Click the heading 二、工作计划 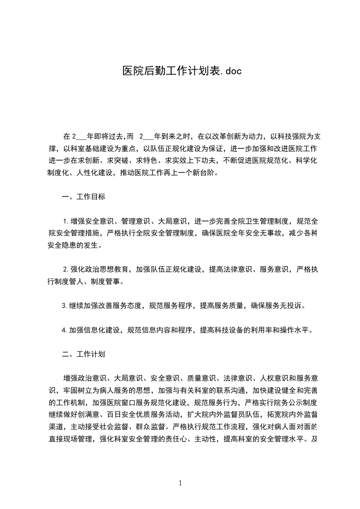point(84,354)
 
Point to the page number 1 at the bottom point(180,483)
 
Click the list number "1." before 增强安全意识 point(66,221)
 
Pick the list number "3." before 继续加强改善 point(65,305)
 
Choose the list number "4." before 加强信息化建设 point(65,330)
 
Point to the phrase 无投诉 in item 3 point(287,305)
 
